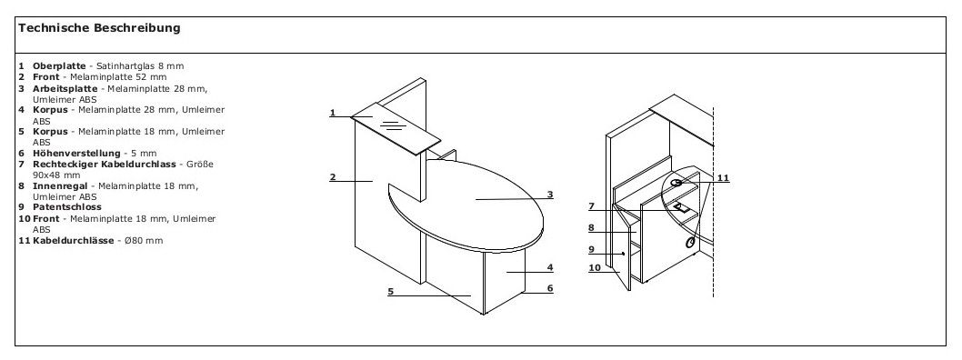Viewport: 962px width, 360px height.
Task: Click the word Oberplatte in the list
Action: point(59,66)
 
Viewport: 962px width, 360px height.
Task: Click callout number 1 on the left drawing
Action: point(333,114)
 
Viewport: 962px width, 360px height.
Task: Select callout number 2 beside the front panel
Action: point(333,178)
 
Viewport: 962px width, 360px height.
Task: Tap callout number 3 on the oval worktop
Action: point(550,194)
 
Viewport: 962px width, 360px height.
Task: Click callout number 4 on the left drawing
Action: point(550,267)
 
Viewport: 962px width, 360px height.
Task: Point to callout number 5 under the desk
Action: point(390,292)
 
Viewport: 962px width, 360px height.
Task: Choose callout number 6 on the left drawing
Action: point(550,288)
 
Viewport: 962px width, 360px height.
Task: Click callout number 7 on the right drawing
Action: point(591,206)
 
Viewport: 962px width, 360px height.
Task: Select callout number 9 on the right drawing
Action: point(591,249)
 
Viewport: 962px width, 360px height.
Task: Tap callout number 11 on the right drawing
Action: point(723,177)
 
